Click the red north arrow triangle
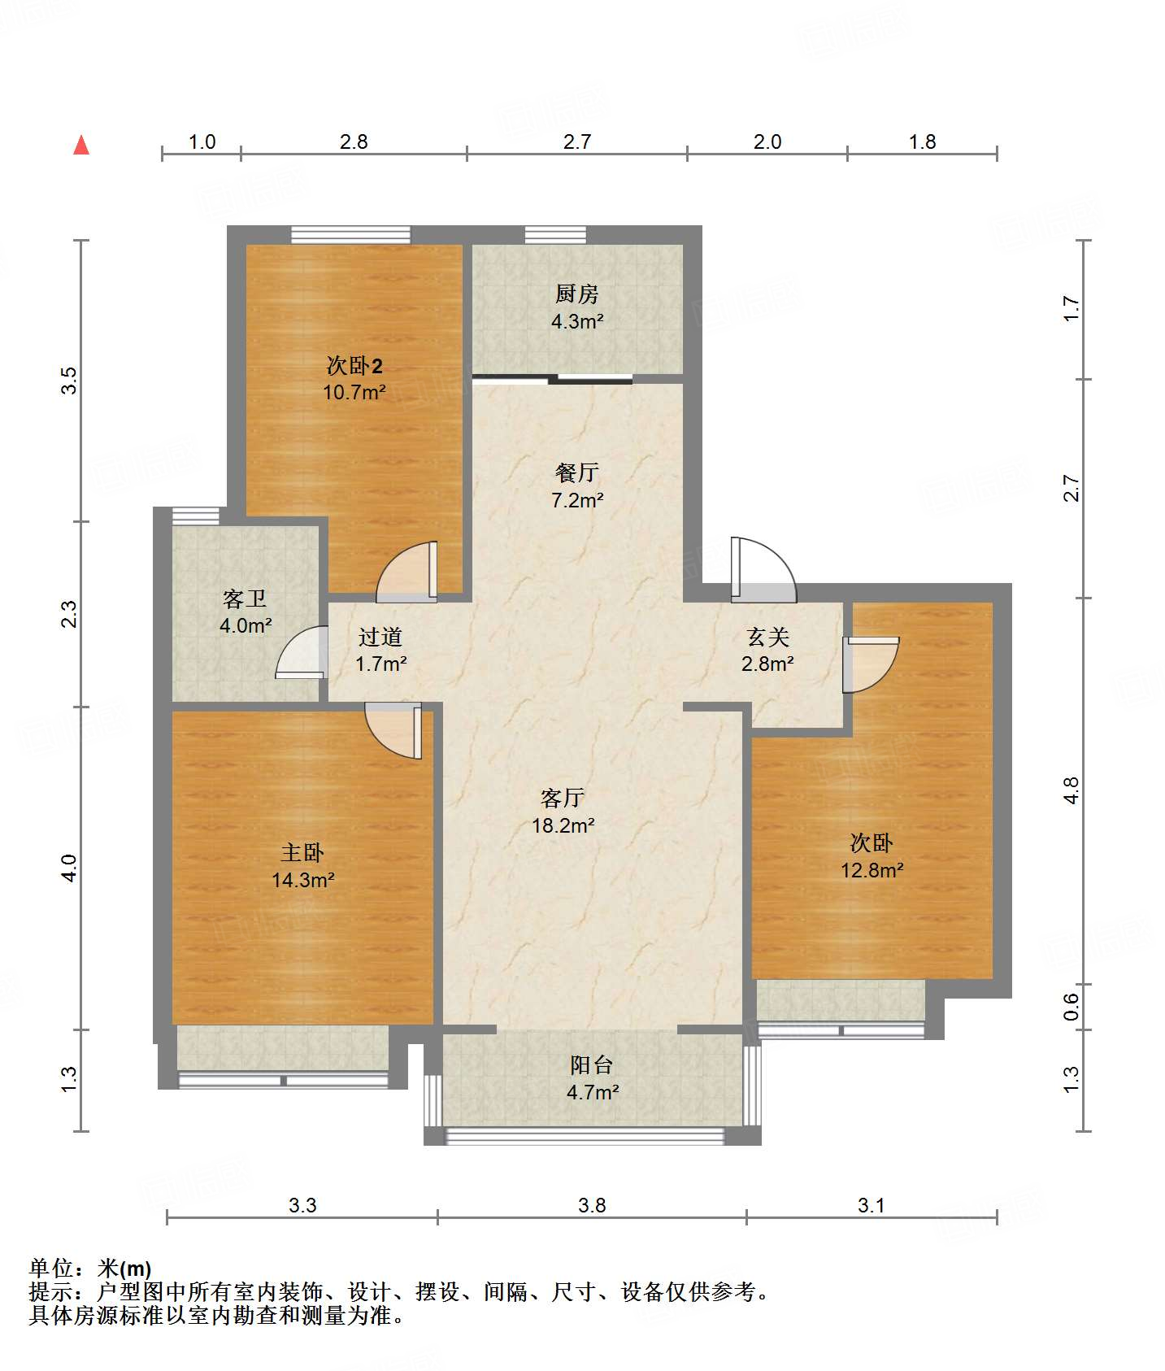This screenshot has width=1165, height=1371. click(x=81, y=145)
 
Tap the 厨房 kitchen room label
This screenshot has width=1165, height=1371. click(x=577, y=294)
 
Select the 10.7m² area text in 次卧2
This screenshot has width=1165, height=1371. click(x=354, y=392)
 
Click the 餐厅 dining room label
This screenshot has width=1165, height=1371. click(x=577, y=472)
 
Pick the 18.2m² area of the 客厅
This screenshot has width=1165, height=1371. click(x=563, y=826)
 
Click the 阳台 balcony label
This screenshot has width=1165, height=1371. click(x=591, y=1064)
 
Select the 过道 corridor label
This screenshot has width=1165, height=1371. click(x=380, y=637)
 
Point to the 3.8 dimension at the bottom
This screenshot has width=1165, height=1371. click(x=592, y=1206)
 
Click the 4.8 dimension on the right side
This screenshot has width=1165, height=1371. click(x=1072, y=790)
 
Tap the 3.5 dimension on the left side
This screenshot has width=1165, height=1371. click(x=70, y=381)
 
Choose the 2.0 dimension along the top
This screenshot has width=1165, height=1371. click(x=767, y=142)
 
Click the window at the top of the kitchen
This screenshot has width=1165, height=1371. click(x=555, y=235)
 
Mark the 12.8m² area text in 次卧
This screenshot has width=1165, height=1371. click(x=872, y=871)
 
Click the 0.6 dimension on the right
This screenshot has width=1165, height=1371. click(x=1072, y=1008)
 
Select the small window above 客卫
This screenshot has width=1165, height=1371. click(x=196, y=516)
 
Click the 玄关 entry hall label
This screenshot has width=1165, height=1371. click(x=768, y=637)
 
